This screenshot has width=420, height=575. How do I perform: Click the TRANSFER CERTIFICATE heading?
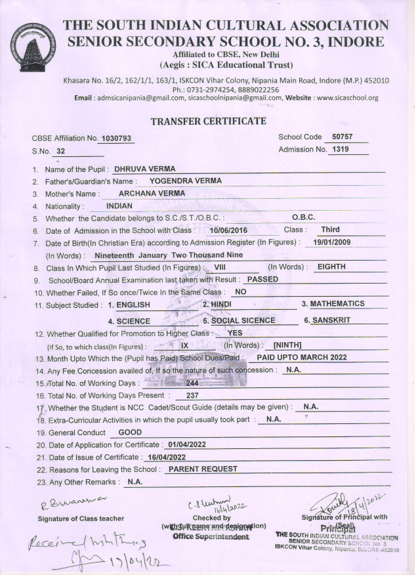tap(208, 121)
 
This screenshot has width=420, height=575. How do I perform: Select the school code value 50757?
tap(343, 137)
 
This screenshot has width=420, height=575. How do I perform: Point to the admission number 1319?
tap(340, 150)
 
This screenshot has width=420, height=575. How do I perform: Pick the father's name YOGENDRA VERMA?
tap(186, 181)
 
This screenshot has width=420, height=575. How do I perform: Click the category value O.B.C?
tap(303, 217)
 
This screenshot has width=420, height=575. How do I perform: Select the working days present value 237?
tap(192, 395)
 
